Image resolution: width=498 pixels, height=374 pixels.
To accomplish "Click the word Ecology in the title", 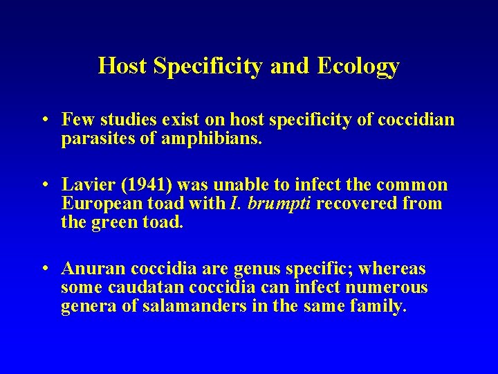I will pos(358,66).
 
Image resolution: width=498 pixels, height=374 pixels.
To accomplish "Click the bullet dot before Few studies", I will pos(44,121).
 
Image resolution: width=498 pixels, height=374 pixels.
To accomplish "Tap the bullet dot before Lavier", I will pos(44,186).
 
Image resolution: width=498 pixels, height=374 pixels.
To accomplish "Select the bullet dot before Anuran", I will pos(44,269).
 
